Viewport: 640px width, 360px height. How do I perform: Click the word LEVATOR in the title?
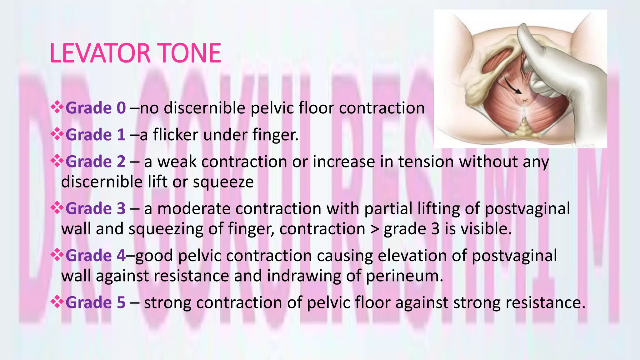[x=100, y=53]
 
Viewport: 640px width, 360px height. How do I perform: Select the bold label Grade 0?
[x=96, y=108]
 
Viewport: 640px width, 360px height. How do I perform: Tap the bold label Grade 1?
[x=96, y=135]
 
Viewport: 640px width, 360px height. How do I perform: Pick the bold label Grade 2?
[x=96, y=162]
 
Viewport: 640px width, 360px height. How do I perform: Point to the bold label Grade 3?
[x=96, y=209]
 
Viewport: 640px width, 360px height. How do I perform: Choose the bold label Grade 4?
[x=96, y=256]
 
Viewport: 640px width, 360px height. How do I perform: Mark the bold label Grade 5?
[x=96, y=302]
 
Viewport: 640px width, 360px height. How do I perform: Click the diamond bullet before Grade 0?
[x=57, y=107]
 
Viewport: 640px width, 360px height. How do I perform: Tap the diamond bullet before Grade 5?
[x=57, y=302]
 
